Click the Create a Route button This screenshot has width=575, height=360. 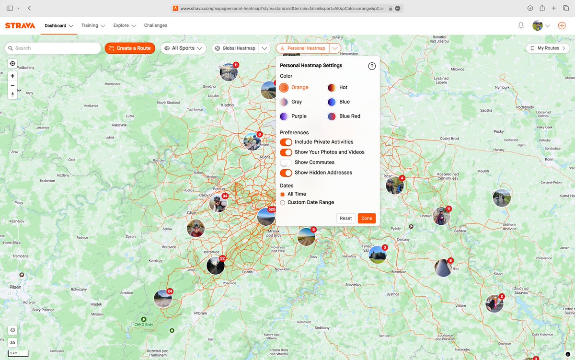130,48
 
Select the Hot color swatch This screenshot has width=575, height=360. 332,87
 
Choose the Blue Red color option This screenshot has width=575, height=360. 332,116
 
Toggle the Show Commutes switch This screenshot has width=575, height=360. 286,163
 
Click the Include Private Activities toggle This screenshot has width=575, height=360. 286,142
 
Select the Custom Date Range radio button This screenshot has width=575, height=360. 283,202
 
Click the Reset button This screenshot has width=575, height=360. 345,218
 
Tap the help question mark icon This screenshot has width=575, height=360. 372,66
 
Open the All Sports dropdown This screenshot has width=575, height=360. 183,48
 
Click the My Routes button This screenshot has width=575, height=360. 547,48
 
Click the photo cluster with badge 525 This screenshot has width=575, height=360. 266,217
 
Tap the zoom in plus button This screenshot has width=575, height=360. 12,76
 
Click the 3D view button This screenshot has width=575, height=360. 12,342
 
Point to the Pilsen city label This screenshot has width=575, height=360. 15,287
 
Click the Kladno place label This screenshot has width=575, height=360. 227,105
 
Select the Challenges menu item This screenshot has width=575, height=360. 156,25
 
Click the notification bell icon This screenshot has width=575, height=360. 521,25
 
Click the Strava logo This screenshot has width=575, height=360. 20,25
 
